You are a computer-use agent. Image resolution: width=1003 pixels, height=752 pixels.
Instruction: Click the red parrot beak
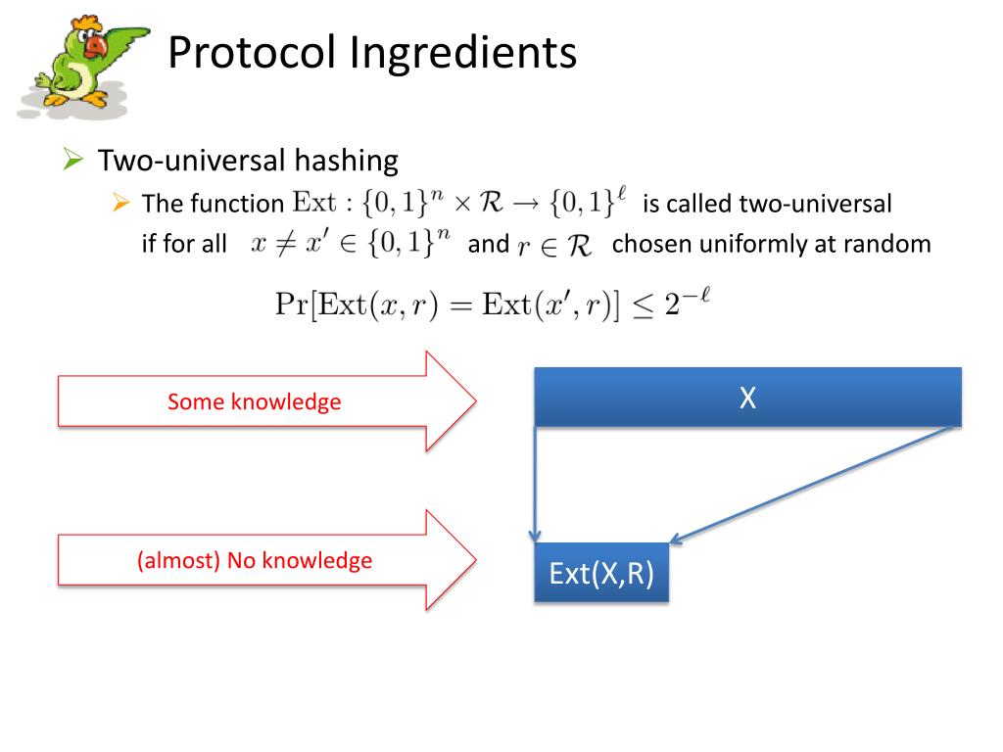click(95, 45)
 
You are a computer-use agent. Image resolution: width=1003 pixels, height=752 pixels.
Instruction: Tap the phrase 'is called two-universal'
click(767, 204)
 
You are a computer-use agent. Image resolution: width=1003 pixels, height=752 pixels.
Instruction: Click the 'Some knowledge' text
click(254, 401)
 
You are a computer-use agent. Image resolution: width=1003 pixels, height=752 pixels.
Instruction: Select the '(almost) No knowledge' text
click(255, 560)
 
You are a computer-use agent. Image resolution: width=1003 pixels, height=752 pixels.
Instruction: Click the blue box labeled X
click(747, 397)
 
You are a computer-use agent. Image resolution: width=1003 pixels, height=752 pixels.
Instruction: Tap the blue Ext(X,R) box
click(601, 573)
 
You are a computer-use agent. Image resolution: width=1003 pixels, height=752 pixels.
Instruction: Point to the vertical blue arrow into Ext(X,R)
click(535, 485)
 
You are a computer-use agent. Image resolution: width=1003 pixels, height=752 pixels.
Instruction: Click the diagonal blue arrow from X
click(813, 483)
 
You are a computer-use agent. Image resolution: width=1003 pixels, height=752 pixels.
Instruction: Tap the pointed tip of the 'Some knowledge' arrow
click(474, 400)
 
